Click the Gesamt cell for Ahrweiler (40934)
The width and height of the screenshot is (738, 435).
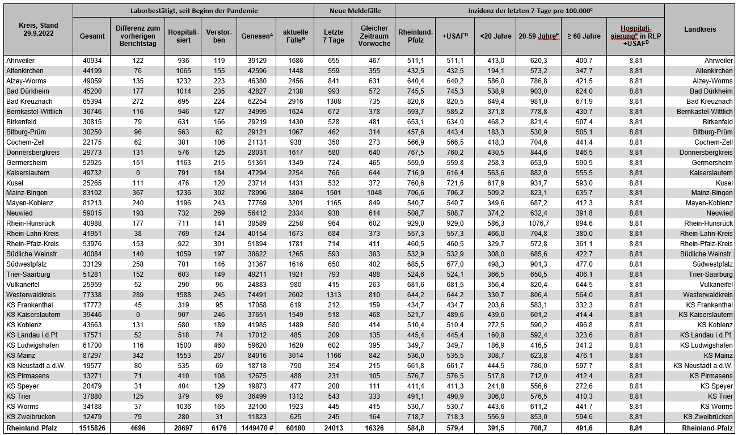coord(92,60)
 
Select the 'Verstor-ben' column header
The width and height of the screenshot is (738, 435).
coord(219,36)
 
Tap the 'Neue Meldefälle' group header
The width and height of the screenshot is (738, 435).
coord(355,10)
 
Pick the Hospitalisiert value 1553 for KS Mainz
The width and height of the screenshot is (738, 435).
coord(184,356)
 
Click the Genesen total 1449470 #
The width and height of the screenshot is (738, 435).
coord(255,428)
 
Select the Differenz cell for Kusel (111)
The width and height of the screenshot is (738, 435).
coord(138,183)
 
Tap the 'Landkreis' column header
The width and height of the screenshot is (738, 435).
coord(699,29)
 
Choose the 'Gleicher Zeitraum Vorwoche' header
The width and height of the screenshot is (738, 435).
coord(374,36)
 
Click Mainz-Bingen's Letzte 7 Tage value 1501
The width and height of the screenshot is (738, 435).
coord(334,193)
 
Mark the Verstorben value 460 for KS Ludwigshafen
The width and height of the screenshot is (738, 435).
coord(219,345)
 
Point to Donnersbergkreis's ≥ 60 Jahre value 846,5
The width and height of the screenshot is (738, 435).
coord(583,152)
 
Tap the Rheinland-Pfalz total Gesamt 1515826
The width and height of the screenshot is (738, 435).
coord(92,428)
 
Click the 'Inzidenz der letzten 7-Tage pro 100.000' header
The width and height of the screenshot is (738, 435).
coord(529,10)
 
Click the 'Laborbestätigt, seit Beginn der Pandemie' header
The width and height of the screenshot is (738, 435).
coord(193,10)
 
